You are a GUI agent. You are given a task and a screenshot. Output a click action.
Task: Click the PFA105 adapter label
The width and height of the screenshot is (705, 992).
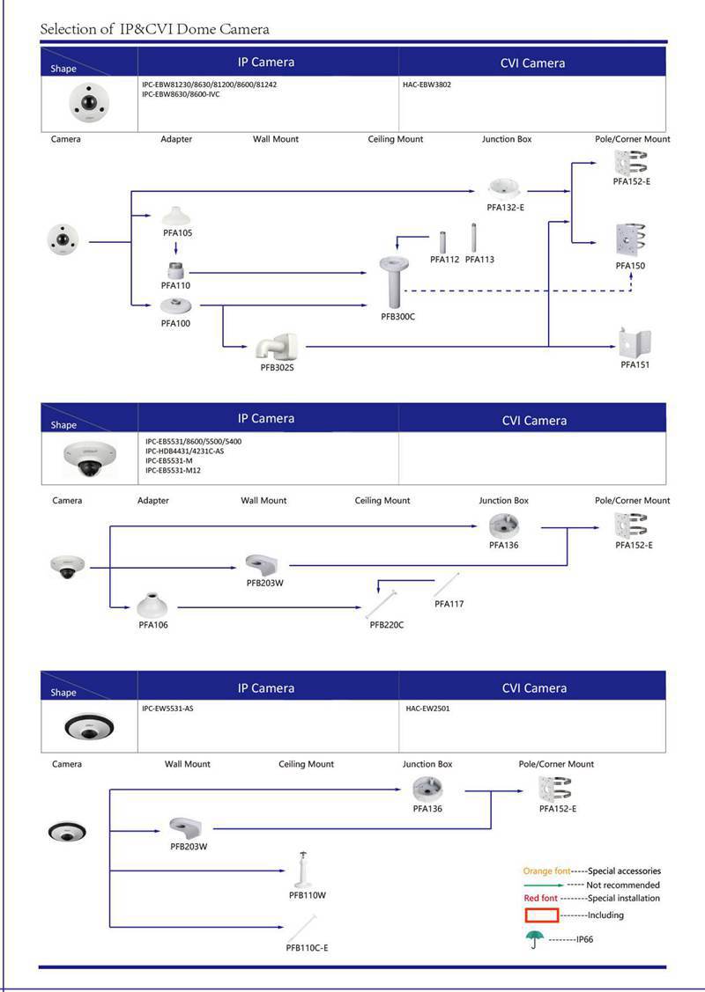pos(177,233)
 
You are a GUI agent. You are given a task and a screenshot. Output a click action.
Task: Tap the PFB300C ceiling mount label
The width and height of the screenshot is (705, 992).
pos(398,316)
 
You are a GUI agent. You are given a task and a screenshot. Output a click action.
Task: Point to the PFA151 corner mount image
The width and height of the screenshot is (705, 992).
pos(634,342)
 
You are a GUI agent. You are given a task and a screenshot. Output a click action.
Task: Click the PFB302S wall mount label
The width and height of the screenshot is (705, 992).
pos(278,367)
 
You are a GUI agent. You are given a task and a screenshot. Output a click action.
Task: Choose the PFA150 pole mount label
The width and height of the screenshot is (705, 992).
pos(630,266)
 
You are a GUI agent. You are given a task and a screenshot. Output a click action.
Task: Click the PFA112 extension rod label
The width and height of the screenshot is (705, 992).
pos(444,260)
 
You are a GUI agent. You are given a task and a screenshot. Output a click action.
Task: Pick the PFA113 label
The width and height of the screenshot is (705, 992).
pos(479,260)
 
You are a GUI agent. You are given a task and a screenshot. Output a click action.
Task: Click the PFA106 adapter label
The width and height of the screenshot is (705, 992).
pos(153,625)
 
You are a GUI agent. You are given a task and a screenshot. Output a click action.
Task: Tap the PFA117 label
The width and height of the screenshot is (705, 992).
pos(449,604)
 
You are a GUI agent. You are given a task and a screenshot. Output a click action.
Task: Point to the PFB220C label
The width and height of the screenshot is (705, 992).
pos(386,624)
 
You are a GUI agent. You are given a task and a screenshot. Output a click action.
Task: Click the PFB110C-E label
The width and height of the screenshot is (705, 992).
pos(307,948)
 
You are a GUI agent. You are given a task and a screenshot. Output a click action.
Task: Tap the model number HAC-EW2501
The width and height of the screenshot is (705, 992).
pos(427,707)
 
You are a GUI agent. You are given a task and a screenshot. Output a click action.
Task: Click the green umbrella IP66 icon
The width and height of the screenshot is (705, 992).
pos(535,941)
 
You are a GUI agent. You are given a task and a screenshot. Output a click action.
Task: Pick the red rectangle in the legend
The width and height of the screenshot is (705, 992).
pos(542,915)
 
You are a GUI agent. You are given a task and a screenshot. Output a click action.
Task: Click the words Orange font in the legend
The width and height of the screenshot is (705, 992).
pos(546,871)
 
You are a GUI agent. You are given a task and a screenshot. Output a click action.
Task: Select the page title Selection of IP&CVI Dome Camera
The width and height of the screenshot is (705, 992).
pos(155,29)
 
